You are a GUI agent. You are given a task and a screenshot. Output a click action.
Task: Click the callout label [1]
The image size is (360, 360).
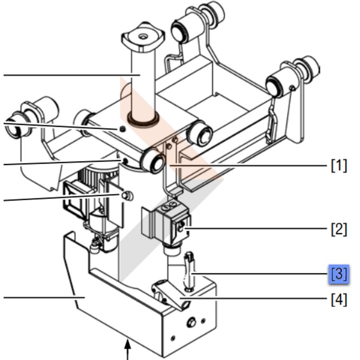tap(339, 166)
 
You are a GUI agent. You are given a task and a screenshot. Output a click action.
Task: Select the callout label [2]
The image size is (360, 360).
tap(339, 229)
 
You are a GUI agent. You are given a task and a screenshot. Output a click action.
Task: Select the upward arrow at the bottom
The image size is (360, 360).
tap(128, 351)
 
